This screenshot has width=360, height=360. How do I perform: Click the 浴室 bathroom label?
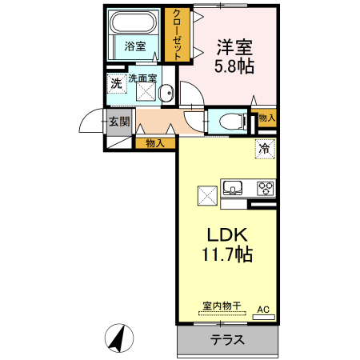[x=136, y=47]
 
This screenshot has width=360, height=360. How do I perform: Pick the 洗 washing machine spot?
[x=116, y=82]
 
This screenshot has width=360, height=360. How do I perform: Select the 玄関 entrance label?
[x=118, y=122]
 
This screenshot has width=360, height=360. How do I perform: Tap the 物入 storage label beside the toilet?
[x=266, y=118]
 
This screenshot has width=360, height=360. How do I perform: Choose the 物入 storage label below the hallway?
[x=155, y=143]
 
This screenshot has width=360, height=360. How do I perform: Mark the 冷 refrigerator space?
[x=265, y=148]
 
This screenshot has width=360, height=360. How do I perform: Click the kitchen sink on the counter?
[x=233, y=189]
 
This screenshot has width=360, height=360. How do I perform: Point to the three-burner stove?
[x=265, y=189]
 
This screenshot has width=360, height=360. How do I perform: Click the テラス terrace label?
[x=227, y=340]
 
